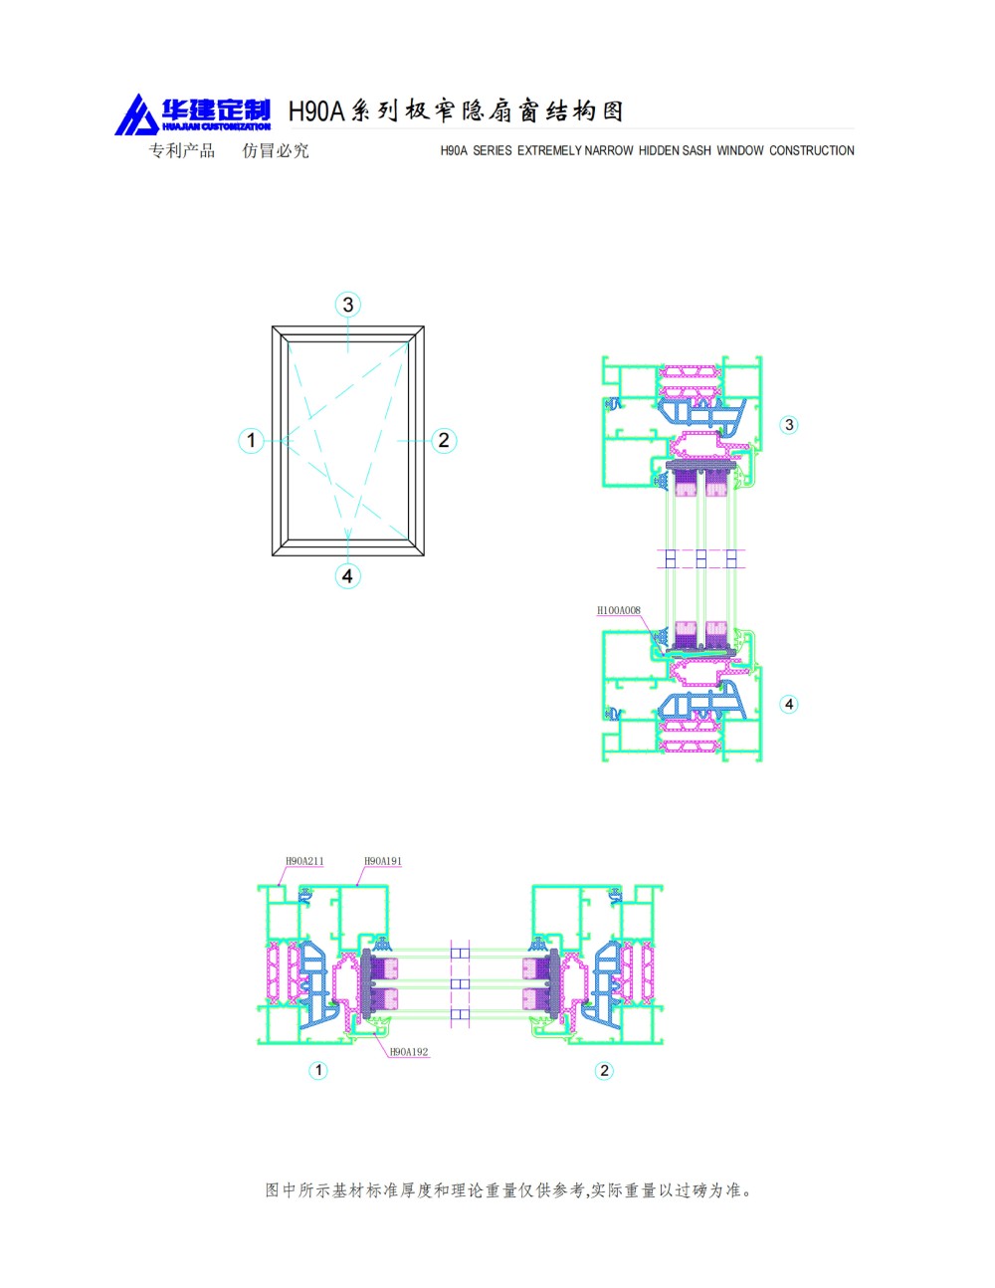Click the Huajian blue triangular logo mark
pyautogui.click(x=135, y=116)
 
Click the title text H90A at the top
pyautogui.click(x=315, y=111)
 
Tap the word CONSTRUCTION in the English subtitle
pyautogui.click(x=811, y=151)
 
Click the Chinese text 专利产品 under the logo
pyautogui.click(x=182, y=151)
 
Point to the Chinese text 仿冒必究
pyautogui.click(x=276, y=151)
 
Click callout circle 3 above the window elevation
pyautogui.click(x=347, y=305)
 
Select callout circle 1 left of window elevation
pyautogui.click(x=251, y=440)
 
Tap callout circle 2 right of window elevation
pyautogui.click(x=444, y=440)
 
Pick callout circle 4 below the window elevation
pyautogui.click(x=347, y=576)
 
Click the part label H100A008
pyautogui.click(x=618, y=610)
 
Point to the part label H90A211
pyautogui.click(x=304, y=861)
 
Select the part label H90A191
pyautogui.click(x=383, y=861)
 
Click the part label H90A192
pyautogui.click(x=409, y=1052)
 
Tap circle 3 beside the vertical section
pyautogui.click(x=789, y=425)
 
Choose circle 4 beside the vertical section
pyautogui.click(x=789, y=705)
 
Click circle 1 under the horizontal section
pyautogui.click(x=318, y=1071)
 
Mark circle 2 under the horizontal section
pyautogui.click(x=604, y=1071)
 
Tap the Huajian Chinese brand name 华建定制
pyautogui.click(x=216, y=109)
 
